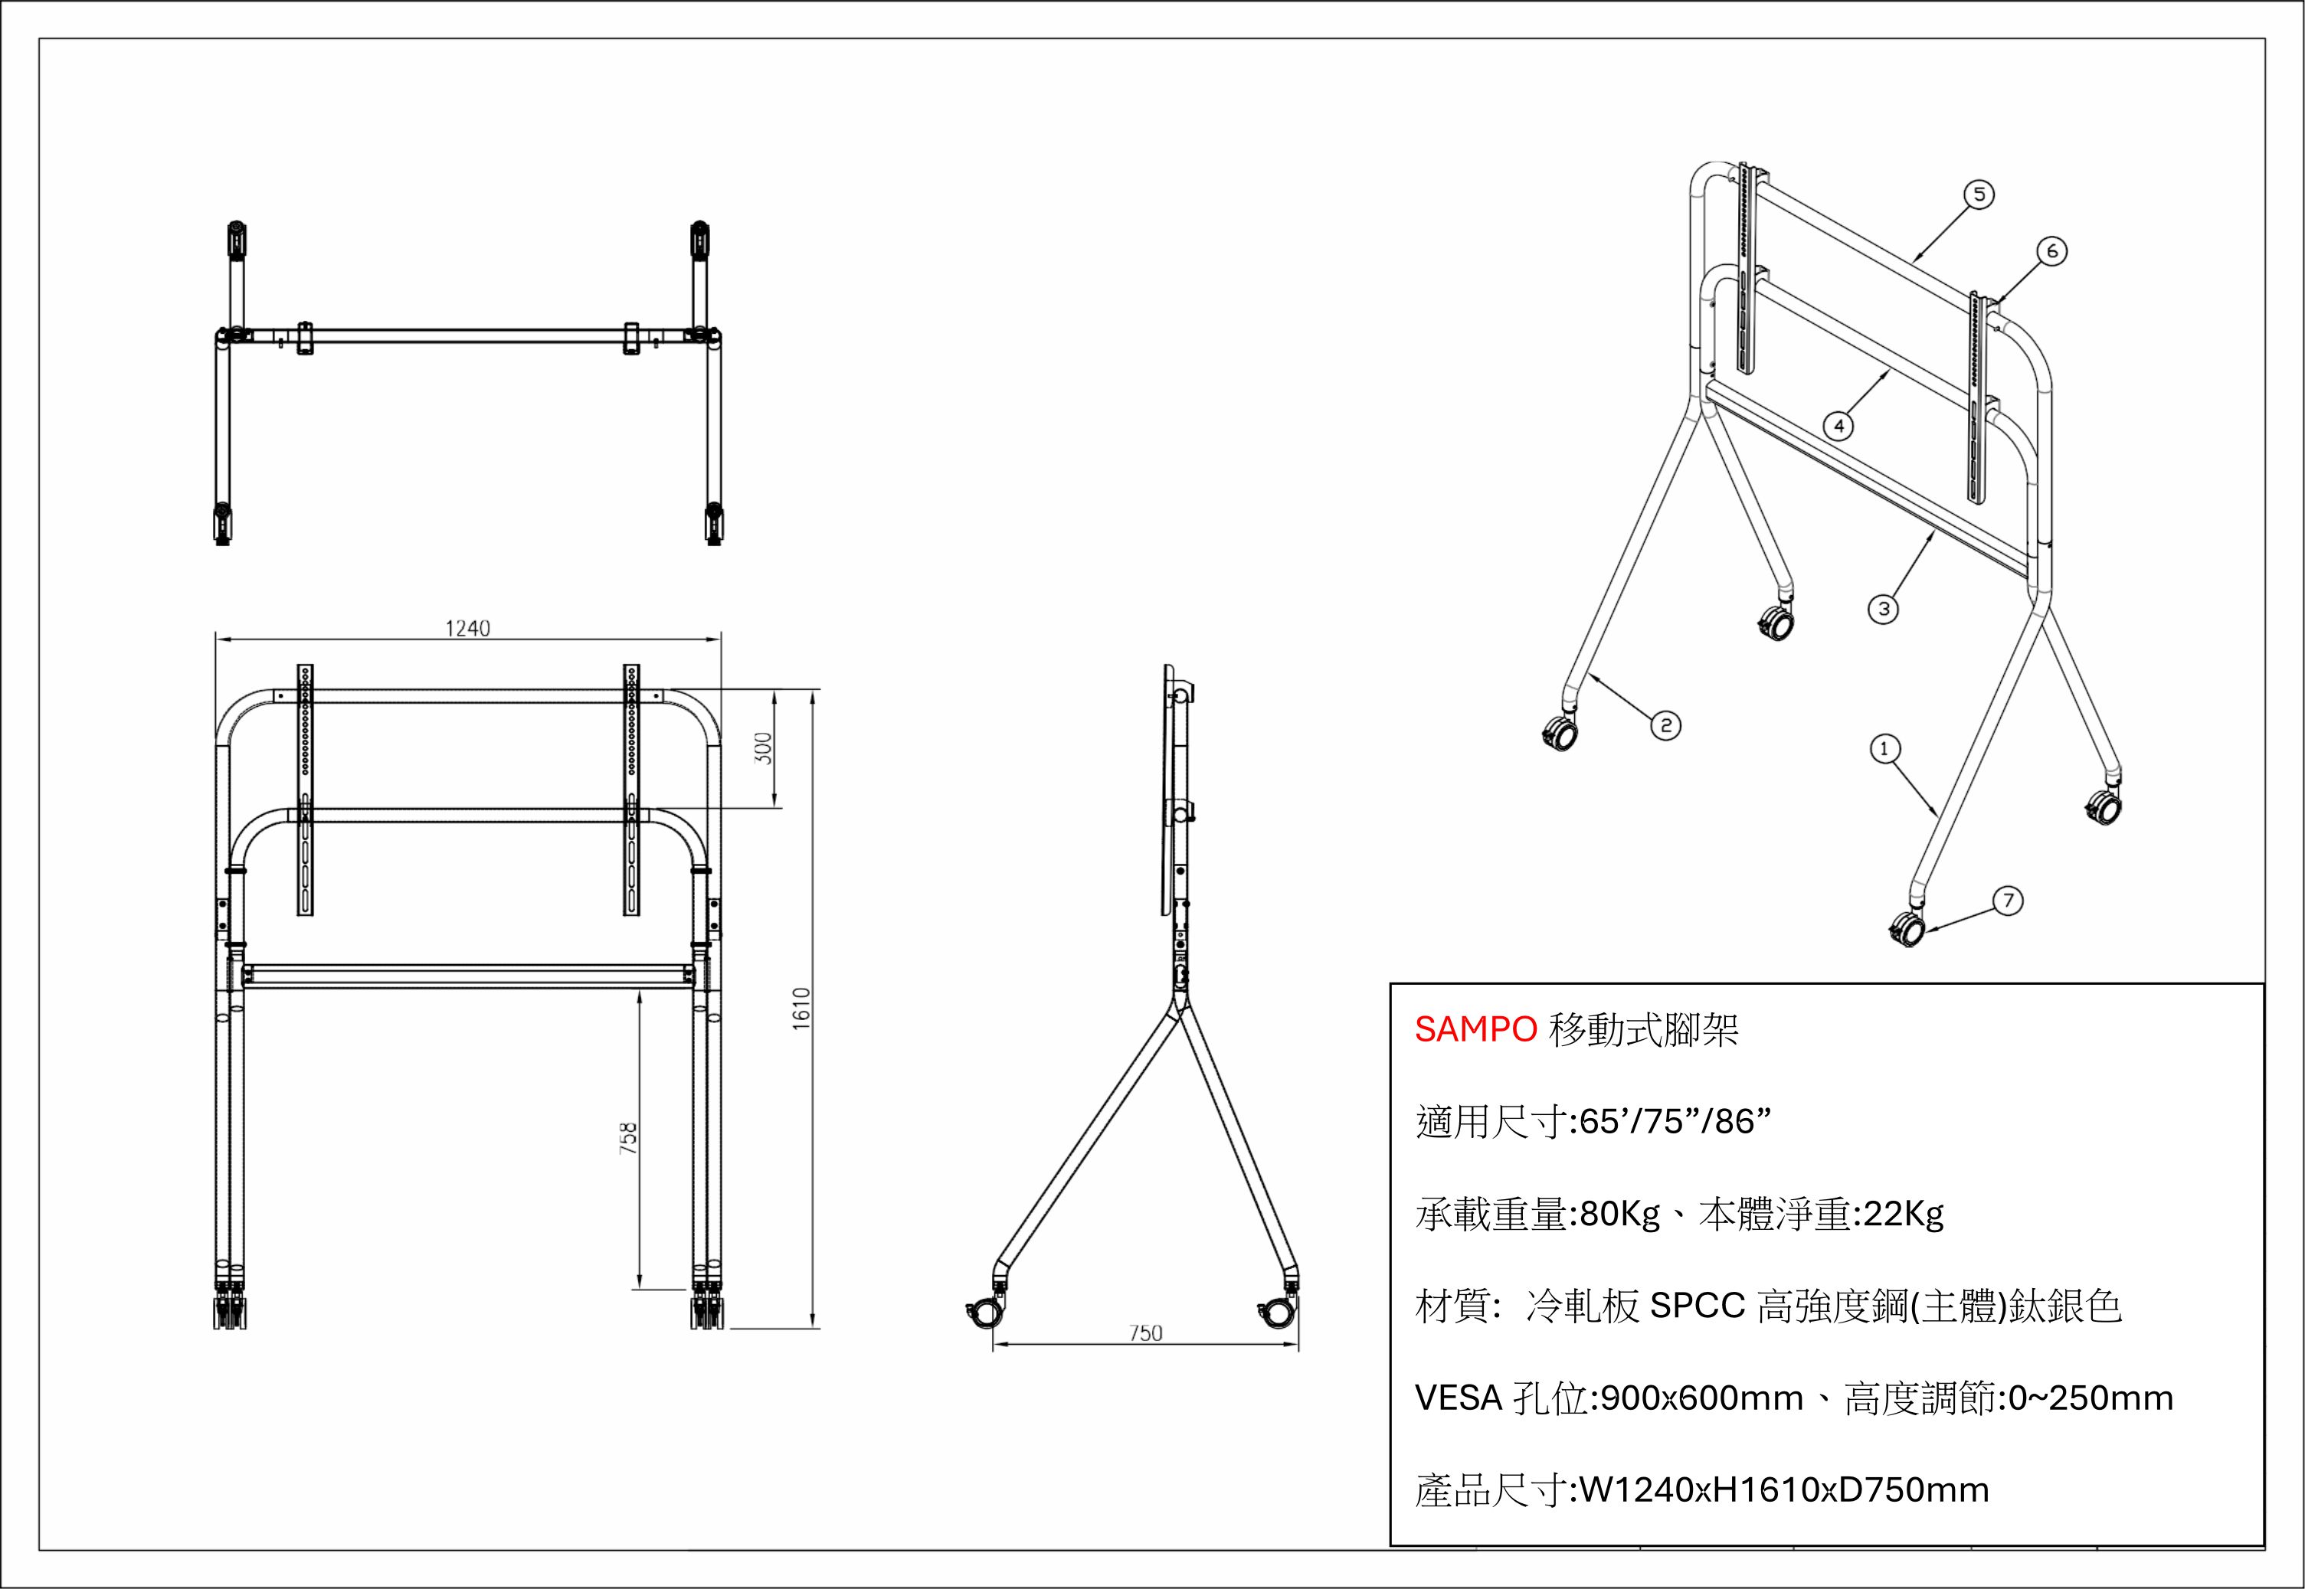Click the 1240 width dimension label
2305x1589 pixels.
coord(467,628)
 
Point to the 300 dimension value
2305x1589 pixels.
coord(763,747)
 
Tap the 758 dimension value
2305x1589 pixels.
coord(627,1138)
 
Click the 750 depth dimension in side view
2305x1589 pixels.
coord(1145,1333)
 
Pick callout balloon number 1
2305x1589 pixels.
coord(1884,749)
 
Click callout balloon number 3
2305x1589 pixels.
coord(1883,608)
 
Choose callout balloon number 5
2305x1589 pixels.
coord(1979,195)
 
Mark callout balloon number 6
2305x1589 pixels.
coord(2052,252)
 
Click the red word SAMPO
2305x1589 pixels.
coord(1475,1029)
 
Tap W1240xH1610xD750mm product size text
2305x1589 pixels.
coord(1784,1490)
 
